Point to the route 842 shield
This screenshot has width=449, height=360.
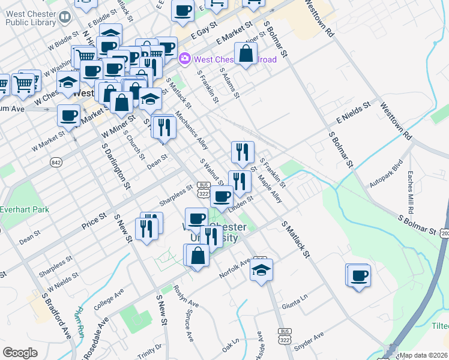point(56,162)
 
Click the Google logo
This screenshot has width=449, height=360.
point(20,353)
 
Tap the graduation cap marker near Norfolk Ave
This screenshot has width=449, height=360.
point(261,271)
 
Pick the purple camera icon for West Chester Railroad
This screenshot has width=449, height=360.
point(185,59)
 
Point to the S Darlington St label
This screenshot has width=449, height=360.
point(116,166)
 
